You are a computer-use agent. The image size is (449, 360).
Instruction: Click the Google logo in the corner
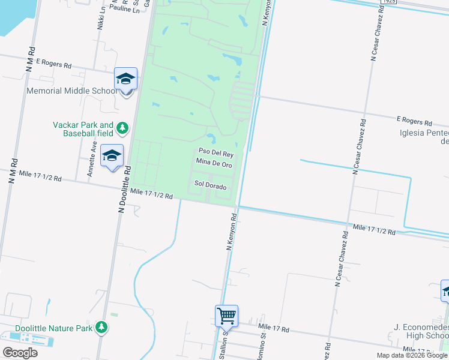tap(20, 353)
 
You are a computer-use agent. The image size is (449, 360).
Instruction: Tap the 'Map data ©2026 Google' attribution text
tap(412, 355)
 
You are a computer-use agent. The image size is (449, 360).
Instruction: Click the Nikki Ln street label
tap(101, 19)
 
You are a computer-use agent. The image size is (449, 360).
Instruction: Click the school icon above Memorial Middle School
tap(126, 79)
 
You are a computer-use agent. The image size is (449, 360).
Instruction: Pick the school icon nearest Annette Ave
tap(112, 155)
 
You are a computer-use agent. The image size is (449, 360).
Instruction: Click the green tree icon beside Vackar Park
tap(122, 127)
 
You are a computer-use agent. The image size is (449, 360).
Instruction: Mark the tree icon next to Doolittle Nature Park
tap(103, 326)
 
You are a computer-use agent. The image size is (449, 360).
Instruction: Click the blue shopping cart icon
tap(226, 314)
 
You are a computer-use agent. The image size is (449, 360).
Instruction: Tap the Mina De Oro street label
tap(214, 163)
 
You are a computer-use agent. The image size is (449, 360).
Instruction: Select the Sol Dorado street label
tap(209, 185)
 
